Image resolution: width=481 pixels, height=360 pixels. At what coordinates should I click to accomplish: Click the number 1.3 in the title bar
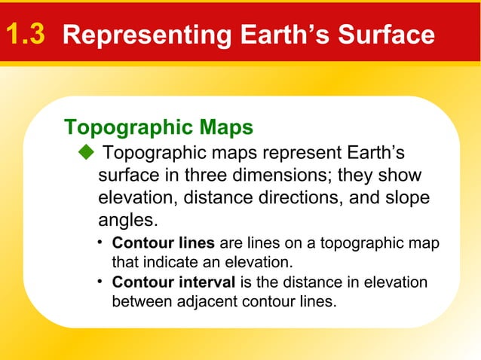click(x=26, y=35)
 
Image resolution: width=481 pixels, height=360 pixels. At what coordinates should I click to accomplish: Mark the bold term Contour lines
click(x=163, y=244)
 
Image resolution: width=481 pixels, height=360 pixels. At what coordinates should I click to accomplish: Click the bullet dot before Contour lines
click(x=100, y=243)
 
